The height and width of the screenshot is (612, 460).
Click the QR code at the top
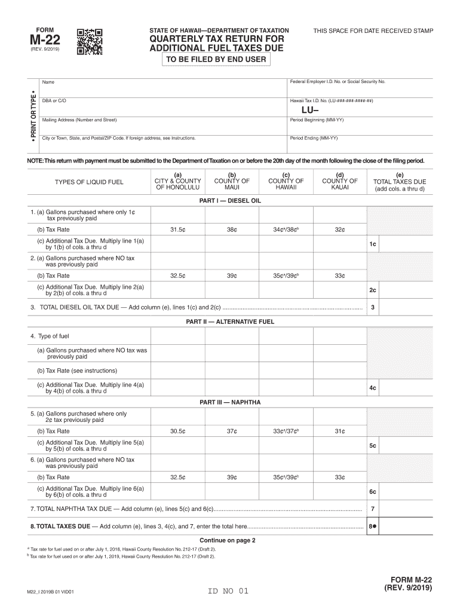click(90, 41)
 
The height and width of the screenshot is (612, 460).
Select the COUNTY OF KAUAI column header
click(339, 181)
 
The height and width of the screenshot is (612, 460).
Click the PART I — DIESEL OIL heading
click(230, 201)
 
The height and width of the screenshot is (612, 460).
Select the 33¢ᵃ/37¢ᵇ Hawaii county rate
click(286, 431)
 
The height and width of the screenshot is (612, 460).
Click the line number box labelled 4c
click(372, 388)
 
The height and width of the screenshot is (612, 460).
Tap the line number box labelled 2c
click(372, 290)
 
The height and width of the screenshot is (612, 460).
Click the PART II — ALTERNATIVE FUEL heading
click(230, 322)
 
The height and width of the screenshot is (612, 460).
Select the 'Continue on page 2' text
click(230, 540)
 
